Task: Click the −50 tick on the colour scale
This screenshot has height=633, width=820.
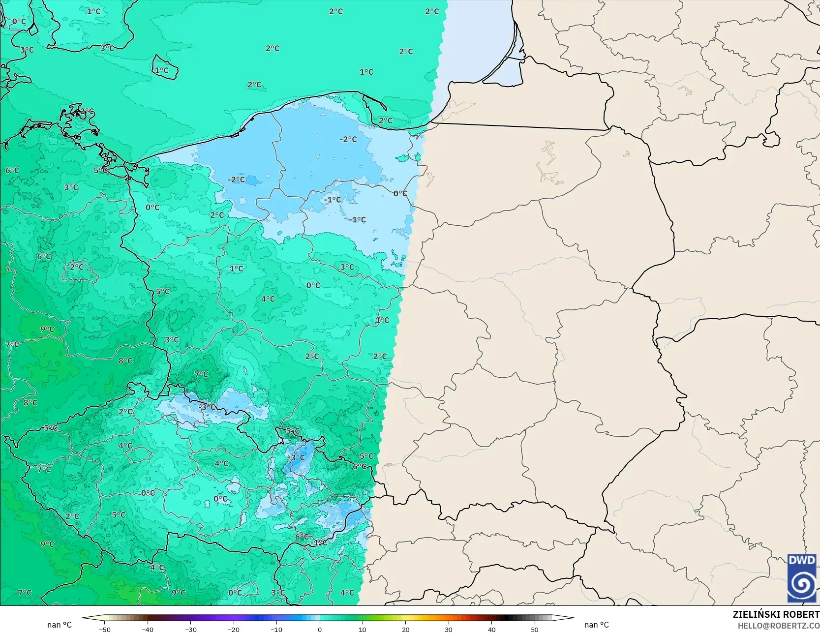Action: (x=104, y=629)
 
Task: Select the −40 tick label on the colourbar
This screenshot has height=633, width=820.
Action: (x=148, y=629)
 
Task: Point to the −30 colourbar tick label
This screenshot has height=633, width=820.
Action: (x=191, y=629)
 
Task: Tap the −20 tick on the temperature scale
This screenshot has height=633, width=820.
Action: (x=234, y=629)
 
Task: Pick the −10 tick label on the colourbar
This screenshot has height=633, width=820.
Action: (x=276, y=629)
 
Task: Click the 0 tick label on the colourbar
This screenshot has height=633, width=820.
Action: (x=320, y=629)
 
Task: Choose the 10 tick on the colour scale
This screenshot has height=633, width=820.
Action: (x=363, y=629)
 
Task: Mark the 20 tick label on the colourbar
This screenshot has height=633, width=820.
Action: (x=405, y=629)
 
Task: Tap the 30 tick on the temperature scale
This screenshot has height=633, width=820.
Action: (x=449, y=629)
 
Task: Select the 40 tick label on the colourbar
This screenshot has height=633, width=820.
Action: (x=491, y=629)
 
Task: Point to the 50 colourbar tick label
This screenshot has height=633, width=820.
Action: (x=535, y=629)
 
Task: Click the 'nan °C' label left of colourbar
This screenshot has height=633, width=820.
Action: (x=60, y=625)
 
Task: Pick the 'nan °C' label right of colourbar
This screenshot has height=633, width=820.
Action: (x=596, y=625)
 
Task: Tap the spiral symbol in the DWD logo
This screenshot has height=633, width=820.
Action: (x=801, y=584)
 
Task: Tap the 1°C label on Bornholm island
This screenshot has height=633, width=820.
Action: (x=162, y=70)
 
